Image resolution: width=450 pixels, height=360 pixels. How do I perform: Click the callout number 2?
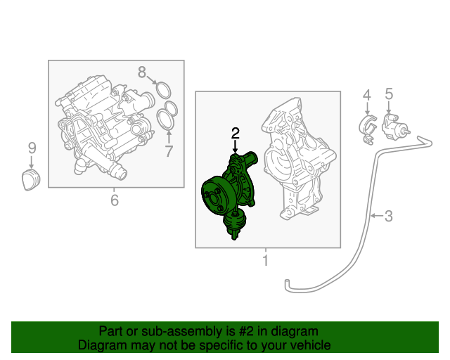236,134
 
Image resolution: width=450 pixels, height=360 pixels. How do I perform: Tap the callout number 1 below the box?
266,260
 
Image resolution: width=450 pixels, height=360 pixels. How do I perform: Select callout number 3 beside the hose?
389,216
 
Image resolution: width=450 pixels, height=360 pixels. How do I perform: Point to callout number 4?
367,96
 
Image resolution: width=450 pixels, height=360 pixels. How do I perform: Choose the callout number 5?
389,94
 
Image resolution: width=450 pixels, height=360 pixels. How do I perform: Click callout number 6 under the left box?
115,200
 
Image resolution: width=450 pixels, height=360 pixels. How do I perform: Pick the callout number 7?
169,151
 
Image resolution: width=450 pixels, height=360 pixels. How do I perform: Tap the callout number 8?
142,72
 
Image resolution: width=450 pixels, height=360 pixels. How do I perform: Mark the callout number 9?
32,148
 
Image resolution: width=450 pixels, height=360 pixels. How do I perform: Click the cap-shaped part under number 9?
31,180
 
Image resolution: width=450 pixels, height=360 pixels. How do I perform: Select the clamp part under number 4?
368,129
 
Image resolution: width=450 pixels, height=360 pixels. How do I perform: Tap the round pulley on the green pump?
217,197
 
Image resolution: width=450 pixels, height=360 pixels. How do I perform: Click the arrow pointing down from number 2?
236,147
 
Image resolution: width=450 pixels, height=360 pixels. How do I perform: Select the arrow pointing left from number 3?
377,215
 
